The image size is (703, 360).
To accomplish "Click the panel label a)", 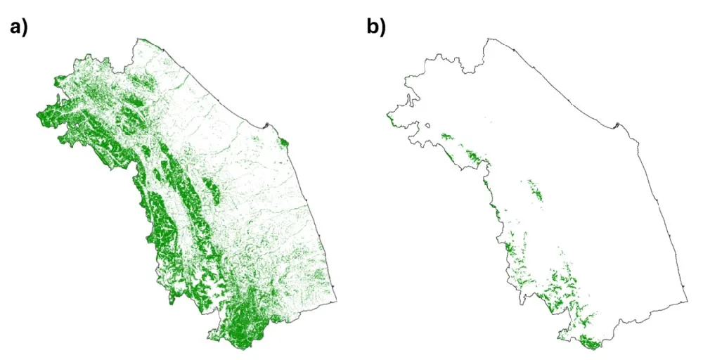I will [x=18, y=28].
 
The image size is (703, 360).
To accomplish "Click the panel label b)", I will [x=376, y=28].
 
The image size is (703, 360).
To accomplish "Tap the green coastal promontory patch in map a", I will [x=284, y=144].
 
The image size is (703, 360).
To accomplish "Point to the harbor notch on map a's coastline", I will [x=266, y=127].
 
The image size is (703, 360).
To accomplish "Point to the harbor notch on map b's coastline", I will [x=617, y=127].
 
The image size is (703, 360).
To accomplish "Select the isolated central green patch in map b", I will [x=535, y=190].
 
